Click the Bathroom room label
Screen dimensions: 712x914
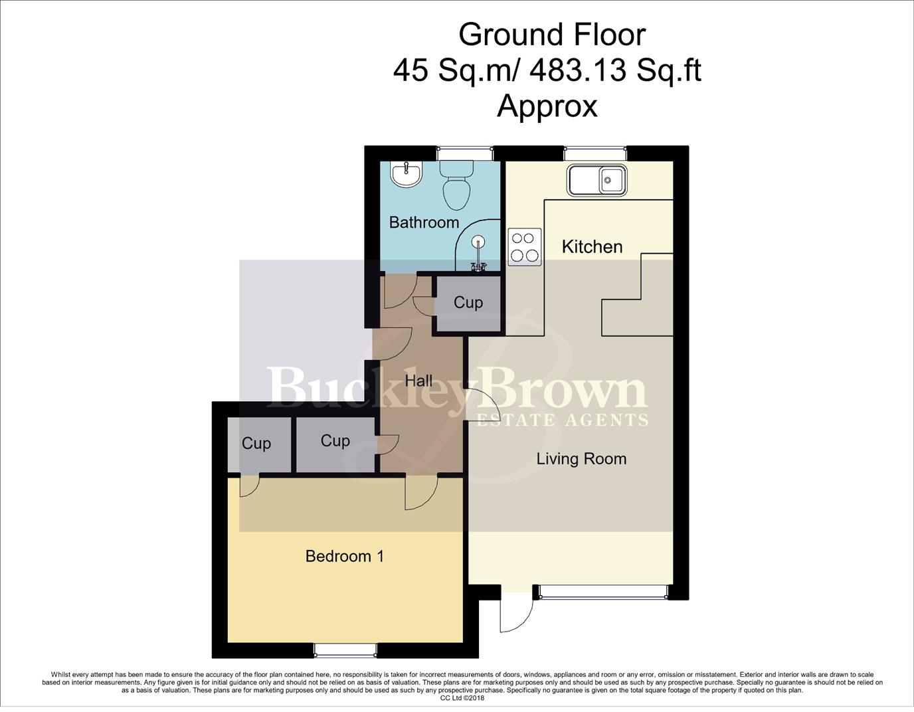click(424, 222)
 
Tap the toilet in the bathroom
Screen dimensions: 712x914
click(457, 185)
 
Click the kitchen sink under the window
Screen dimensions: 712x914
click(596, 179)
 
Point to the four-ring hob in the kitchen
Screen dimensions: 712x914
click(524, 247)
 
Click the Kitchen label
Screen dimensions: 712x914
click(592, 247)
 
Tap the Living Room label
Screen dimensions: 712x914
click(581, 459)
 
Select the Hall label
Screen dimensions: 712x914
click(418, 381)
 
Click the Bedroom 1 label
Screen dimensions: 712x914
click(345, 556)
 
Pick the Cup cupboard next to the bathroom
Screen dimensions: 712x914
click(468, 303)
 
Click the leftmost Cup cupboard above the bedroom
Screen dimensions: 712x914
click(256, 444)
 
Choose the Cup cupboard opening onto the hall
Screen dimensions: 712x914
click(335, 441)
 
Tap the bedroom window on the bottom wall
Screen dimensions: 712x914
click(345, 649)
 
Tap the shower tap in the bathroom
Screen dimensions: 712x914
click(478, 266)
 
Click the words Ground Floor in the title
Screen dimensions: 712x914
click(551, 35)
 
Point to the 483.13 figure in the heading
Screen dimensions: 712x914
click(577, 70)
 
